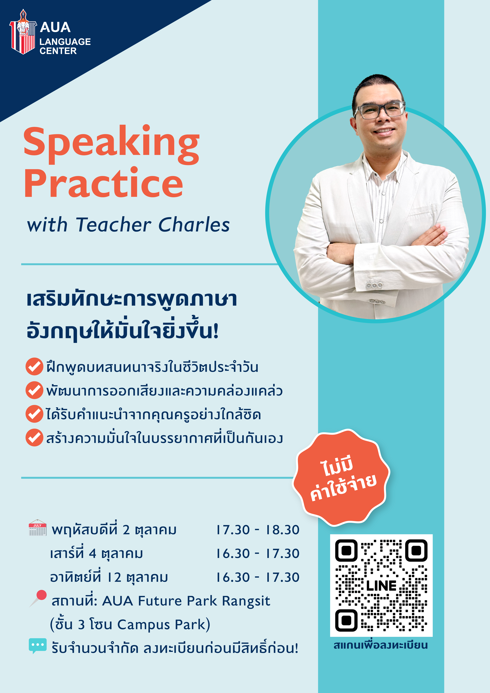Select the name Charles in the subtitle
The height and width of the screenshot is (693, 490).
point(194,225)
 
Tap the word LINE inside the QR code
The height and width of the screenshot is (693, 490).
point(381,586)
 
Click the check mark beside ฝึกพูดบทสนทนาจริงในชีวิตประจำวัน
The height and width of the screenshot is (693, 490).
point(34,366)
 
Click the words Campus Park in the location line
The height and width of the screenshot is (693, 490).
point(163,625)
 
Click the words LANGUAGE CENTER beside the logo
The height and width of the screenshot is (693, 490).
point(65,46)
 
